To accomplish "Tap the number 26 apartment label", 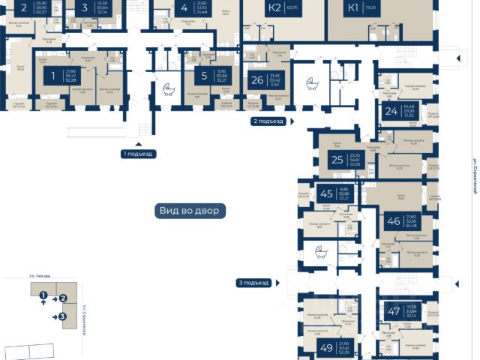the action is point(257,80).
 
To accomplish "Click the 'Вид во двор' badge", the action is point(189,211).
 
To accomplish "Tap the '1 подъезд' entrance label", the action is point(137,154).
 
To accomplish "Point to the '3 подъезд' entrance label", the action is point(252,283).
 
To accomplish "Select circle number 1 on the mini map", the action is point(43,295).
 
